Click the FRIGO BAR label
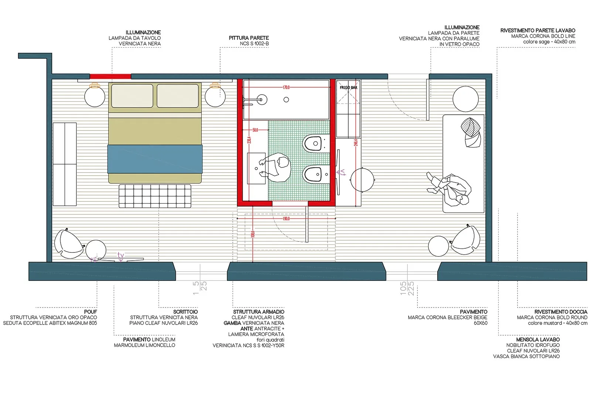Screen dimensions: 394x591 tap(348, 88)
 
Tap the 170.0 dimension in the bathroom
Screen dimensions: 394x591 tap(286, 88)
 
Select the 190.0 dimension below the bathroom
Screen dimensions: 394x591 tap(286, 219)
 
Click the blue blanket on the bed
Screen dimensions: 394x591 tap(155, 159)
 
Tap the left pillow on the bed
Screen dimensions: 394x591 tap(132, 96)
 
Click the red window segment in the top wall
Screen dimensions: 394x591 tap(110, 77)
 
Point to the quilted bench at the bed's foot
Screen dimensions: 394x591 tap(155, 196)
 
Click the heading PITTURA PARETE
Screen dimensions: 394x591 tap(249, 38)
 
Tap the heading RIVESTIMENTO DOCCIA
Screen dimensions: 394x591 tap(560, 312)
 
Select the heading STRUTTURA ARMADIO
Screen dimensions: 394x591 tap(259, 312)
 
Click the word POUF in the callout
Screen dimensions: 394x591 tap(90, 312)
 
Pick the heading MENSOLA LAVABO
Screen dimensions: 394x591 tap(537, 340)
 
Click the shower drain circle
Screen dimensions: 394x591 tap(286, 99)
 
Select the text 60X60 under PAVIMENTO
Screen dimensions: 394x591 tap(480, 323)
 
